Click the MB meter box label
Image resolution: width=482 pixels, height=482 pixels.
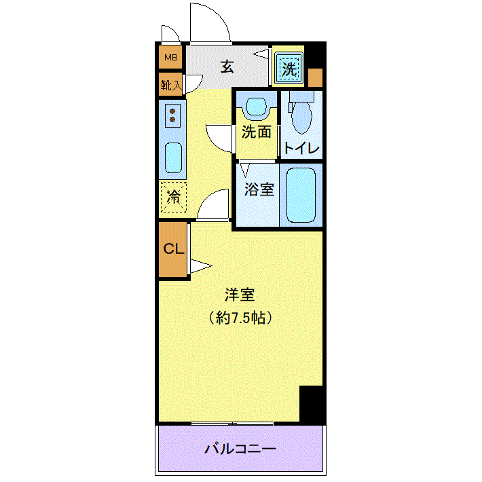tap(171, 57)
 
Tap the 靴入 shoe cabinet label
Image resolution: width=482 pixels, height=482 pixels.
tap(171, 85)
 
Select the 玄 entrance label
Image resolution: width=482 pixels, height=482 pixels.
tap(227, 67)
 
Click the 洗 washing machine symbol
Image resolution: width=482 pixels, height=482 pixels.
tap(289, 69)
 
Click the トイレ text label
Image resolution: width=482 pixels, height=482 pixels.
tap(301, 149)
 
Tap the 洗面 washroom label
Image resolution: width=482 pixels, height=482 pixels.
tap(257, 132)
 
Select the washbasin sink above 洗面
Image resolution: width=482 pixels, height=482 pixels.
tap(257, 107)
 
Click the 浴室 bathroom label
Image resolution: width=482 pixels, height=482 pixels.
tap(259, 189)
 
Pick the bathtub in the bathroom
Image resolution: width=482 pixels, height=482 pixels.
tap(301, 195)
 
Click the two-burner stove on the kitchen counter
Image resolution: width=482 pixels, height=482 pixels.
tap(172, 115)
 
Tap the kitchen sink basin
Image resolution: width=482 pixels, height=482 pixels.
tap(173, 157)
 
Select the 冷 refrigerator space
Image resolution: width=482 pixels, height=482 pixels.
tap(173, 197)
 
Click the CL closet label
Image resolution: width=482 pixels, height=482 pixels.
tap(174, 248)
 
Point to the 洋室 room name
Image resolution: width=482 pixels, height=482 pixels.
tap(240, 295)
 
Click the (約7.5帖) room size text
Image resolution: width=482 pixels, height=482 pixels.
tap(240, 318)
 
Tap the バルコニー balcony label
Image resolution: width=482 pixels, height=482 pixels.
tap(240, 449)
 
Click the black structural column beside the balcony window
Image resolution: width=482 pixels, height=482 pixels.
tap(312, 404)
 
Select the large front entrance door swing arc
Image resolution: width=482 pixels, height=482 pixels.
tap(215, 14)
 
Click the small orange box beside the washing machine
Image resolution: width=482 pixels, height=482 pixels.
tap(315, 77)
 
